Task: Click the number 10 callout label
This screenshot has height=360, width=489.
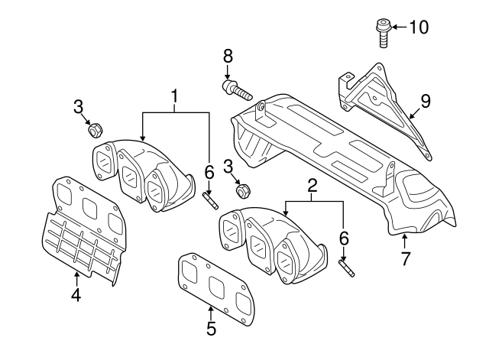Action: [x=418, y=28]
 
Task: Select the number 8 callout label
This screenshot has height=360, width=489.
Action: [x=227, y=57]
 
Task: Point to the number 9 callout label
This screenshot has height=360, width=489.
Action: [x=426, y=99]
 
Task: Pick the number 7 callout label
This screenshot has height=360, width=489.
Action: [x=406, y=258]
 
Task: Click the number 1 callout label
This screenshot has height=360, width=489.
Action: [x=174, y=96]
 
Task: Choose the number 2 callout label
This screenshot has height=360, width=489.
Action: [x=312, y=184]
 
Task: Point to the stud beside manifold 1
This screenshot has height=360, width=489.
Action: [x=210, y=201]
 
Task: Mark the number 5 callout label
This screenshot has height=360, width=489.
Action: [x=211, y=329]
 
